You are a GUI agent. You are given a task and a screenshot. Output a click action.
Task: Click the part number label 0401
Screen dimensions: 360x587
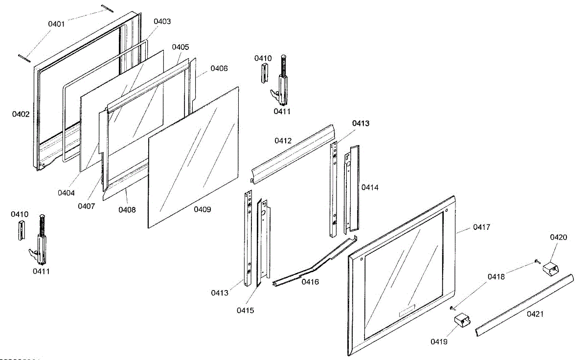click(x=56, y=23)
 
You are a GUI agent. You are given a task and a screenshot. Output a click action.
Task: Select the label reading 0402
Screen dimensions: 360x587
click(x=21, y=114)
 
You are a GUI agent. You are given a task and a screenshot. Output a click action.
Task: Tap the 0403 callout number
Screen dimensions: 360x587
click(x=162, y=22)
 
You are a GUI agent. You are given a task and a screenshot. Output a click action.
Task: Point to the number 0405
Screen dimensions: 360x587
click(x=181, y=47)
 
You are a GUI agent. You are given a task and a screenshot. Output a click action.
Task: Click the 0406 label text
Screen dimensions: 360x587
click(x=219, y=68)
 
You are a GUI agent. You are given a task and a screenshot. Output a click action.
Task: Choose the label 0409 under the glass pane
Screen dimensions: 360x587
click(x=203, y=210)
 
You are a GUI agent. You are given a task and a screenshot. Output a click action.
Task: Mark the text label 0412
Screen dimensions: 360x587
click(x=283, y=140)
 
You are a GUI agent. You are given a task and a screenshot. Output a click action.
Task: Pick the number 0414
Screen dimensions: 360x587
click(x=370, y=187)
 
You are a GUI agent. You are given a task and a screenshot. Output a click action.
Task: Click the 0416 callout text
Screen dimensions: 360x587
click(x=310, y=282)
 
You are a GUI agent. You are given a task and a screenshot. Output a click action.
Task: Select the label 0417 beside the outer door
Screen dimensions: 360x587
click(x=481, y=227)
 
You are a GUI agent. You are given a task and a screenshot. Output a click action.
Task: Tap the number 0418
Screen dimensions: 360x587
click(x=496, y=277)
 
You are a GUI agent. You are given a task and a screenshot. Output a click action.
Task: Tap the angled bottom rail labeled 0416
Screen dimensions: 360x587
click(x=313, y=265)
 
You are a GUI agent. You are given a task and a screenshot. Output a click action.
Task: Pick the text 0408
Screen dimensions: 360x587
click(x=127, y=210)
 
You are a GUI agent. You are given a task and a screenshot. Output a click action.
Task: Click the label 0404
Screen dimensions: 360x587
click(x=66, y=193)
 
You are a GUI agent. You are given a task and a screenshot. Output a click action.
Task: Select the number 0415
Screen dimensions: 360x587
click(x=245, y=310)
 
